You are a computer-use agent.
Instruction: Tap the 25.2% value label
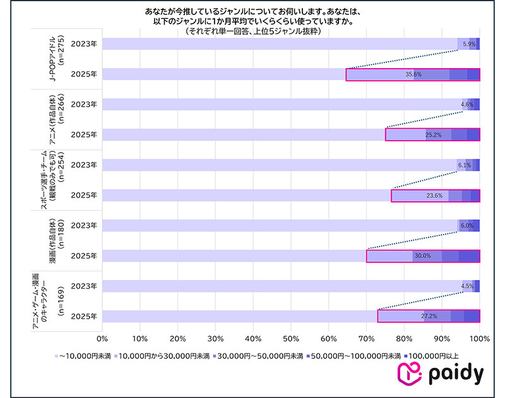pyautogui.click(x=434, y=135)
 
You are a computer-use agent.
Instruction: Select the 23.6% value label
pyautogui.click(x=434, y=196)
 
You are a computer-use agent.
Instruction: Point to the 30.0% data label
pyautogui.click(x=422, y=256)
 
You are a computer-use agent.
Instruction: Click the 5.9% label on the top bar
pyautogui.click(x=469, y=44)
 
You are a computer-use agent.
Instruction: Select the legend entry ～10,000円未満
pyautogui.click(x=85, y=356)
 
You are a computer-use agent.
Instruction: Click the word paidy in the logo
pyautogui.click(x=455, y=375)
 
